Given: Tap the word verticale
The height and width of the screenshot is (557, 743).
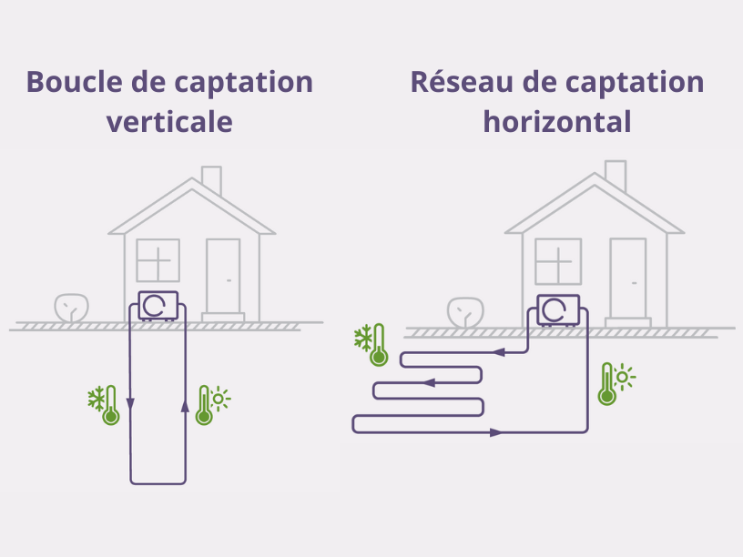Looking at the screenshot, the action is pos(169,121).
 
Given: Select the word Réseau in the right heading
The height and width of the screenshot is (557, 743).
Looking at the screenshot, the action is pos(462,82).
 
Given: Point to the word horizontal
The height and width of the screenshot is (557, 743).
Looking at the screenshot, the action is pos(557,121).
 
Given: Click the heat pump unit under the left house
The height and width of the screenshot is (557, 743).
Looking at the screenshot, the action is pos(158,306).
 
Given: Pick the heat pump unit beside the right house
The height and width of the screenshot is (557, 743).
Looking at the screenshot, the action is pos(558,310).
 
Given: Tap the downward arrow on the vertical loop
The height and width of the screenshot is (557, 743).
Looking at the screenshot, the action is pos(130,404).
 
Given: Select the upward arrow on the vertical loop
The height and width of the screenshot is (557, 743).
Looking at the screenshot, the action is pos(185,406).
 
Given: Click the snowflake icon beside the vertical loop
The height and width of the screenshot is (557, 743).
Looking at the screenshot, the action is pos(97,399).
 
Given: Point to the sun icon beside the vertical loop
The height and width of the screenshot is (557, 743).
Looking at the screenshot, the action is pos(219,399).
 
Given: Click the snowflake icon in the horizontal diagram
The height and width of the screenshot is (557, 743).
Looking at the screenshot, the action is pos(363,338).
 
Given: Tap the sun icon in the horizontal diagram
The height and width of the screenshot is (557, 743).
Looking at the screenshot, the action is pos(624,377).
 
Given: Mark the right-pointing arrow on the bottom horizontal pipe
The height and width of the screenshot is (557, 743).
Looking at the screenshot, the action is pos(496,432).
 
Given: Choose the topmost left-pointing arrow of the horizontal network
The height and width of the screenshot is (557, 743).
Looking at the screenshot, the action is pos(498,352).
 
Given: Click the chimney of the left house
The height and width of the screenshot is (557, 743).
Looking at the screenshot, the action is pos(211,180).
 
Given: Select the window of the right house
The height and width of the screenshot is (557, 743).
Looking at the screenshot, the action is pos(558,261).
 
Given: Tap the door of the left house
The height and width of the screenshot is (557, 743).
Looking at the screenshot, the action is pos(223,276).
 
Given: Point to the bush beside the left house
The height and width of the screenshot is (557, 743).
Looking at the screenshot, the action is pos(72,308).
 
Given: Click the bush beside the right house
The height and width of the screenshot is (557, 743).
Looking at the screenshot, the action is pos(466,312).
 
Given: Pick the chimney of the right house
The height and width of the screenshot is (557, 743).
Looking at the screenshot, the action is pos(616,176).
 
